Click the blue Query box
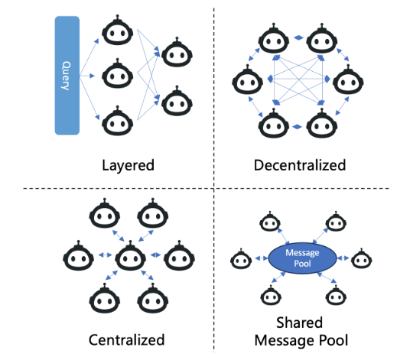67,76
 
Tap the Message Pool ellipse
302,258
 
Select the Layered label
128,165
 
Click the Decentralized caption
300,165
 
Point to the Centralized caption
126,340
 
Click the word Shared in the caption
300,323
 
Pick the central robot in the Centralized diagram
130,255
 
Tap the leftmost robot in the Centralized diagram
78,255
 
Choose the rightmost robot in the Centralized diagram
179,255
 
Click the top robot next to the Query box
117,30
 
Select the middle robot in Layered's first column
117,73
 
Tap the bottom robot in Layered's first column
117,121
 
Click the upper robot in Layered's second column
177,52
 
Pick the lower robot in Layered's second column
177,101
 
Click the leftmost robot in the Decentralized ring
248,79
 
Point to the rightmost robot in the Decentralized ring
348,79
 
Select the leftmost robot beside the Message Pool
241,259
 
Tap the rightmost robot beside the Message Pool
361,258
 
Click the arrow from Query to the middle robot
87,76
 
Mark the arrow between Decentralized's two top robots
298,37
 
